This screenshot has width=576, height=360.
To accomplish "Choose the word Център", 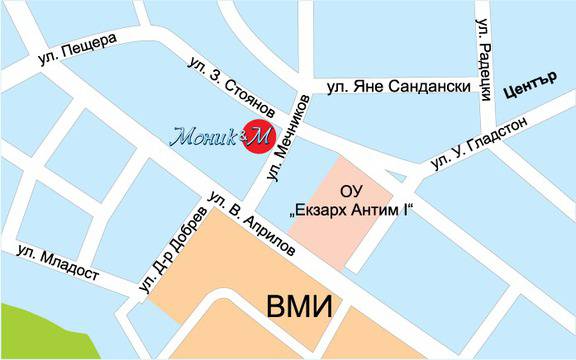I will click(531, 87).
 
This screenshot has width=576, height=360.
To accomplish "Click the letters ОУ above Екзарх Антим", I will click(351, 191).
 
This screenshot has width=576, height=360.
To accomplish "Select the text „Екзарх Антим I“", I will click(351, 212).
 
